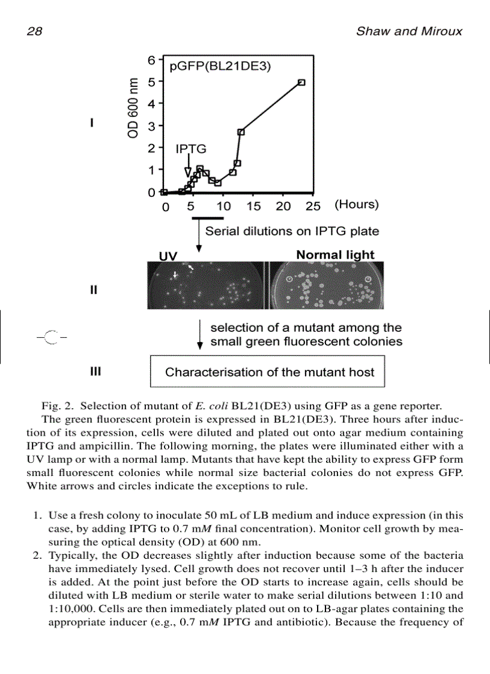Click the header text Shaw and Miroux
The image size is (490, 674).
point(409,31)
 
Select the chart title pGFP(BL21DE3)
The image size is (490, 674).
point(220,67)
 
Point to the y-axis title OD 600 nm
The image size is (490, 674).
point(133,108)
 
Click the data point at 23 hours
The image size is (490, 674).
point(301,83)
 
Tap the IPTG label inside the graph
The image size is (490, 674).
point(190,149)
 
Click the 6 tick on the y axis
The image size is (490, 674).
point(152,60)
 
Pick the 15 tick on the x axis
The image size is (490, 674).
point(253,206)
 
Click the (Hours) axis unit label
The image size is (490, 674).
point(357,205)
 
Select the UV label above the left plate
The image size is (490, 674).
point(168,256)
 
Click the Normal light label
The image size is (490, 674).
point(335,254)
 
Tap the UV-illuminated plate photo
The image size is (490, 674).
point(207,285)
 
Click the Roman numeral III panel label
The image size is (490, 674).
point(95,372)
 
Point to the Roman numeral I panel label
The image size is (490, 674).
point(91,123)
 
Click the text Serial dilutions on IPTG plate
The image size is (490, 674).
point(292,231)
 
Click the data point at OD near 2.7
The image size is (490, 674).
point(241,132)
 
